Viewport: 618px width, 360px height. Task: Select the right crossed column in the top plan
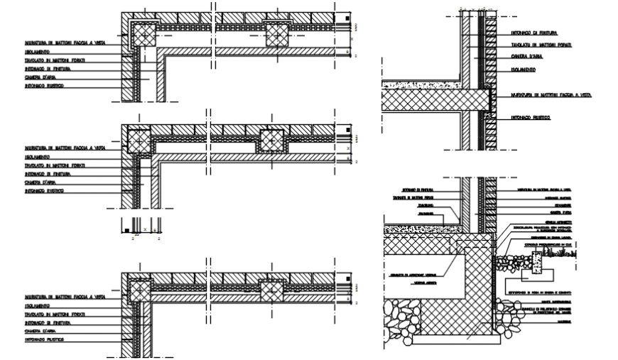(278, 33)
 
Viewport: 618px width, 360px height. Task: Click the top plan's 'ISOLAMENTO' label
(36, 52)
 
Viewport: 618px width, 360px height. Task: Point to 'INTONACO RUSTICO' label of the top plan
(44, 85)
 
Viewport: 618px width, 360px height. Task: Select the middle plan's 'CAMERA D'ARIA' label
(40, 182)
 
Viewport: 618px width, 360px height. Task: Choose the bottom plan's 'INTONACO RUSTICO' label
(44, 339)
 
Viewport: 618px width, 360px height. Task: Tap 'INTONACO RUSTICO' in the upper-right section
(530, 117)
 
